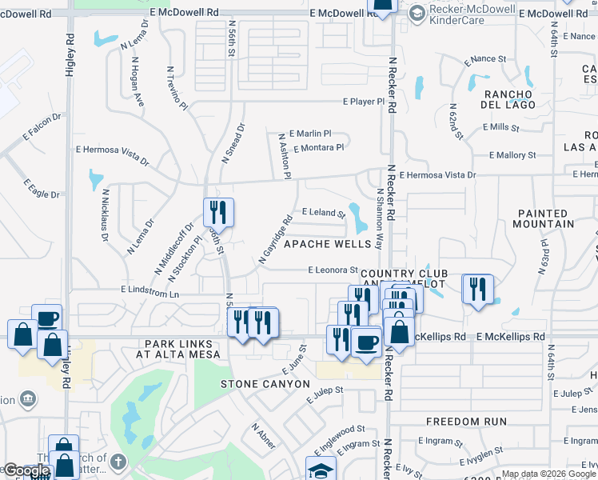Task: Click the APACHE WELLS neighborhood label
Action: tap(325, 242)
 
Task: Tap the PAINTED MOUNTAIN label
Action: tap(545, 218)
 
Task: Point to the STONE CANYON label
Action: tap(265, 384)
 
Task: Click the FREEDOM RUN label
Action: tap(466, 421)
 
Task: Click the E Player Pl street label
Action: tap(364, 102)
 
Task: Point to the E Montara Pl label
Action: tap(318, 148)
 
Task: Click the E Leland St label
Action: tap(323, 214)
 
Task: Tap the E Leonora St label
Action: tap(332, 270)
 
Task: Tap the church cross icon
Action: tap(117, 462)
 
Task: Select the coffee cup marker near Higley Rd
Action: tap(46, 318)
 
